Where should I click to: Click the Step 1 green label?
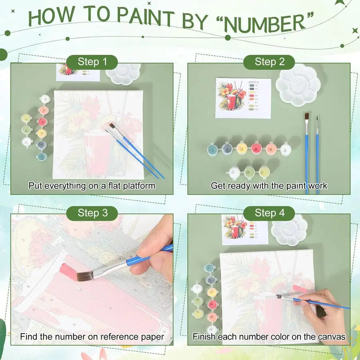[92, 62]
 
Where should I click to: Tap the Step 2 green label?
[270, 62]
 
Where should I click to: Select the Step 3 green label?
[92, 213]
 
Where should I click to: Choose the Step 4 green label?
[270, 213]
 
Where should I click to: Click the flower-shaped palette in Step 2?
[299, 85]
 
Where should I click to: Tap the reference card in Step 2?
[243, 98]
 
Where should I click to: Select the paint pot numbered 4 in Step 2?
[256, 149]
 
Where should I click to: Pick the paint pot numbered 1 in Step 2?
[212, 150]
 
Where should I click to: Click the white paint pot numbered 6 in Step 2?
[285, 150]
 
